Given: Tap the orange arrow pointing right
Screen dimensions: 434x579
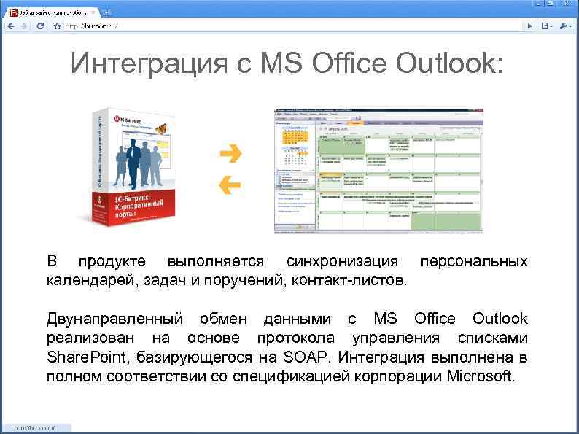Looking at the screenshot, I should coord(231,153).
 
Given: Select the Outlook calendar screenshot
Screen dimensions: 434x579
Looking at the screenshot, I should coord(378,171).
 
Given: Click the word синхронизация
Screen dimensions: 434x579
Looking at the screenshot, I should coord(342,261).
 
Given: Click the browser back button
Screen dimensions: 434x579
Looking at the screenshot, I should coord(10,26).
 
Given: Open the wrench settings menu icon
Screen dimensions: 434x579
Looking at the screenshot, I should coord(566,26).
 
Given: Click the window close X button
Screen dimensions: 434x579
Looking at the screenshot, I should coord(565,4).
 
